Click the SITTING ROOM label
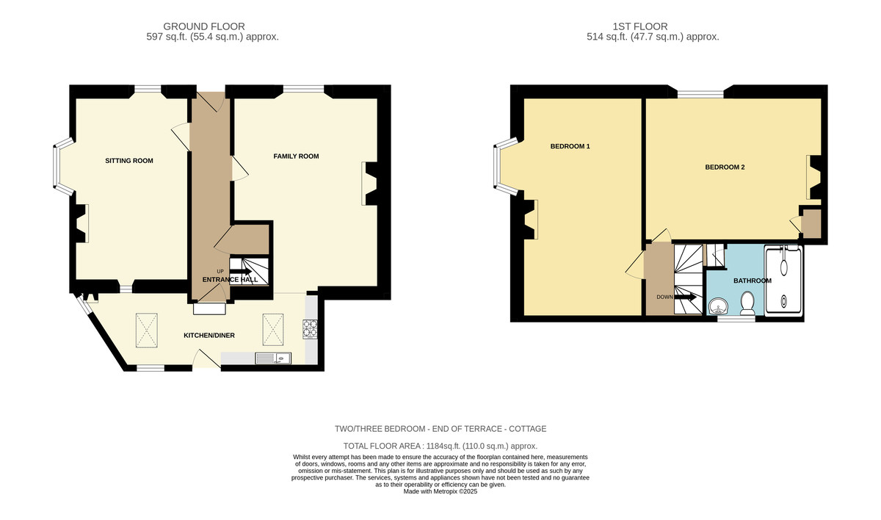[x=129, y=161]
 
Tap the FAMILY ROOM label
[x=296, y=156]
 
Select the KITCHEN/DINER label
[x=209, y=335]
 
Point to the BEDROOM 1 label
[x=570, y=146]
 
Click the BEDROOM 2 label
[x=725, y=167]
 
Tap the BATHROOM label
[x=753, y=281]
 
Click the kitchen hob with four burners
[x=310, y=329]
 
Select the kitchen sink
[x=273, y=358]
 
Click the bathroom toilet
[x=747, y=303]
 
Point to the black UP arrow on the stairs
[x=240, y=272]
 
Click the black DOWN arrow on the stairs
[x=686, y=297]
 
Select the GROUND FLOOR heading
[x=204, y=26]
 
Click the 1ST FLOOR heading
[x=640, y=26]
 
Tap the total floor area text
[x=440, y=446]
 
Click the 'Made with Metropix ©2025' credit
[x=440, y=491]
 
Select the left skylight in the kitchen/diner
[x=147, y=331]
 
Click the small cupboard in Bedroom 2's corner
[x=811, y=224]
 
